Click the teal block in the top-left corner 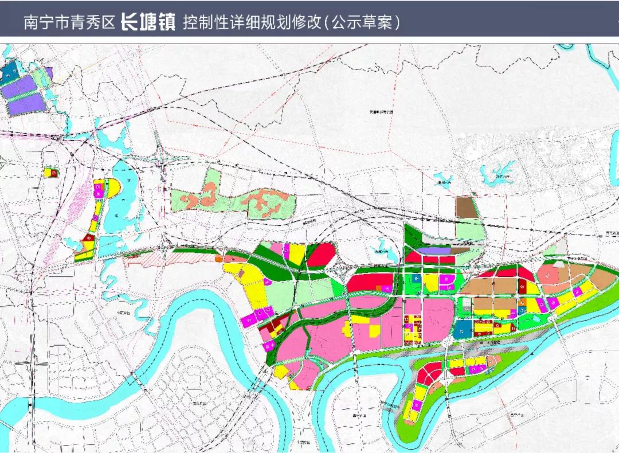coord(10,72)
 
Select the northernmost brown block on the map coord(465,208)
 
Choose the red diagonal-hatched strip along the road coord(166,259)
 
